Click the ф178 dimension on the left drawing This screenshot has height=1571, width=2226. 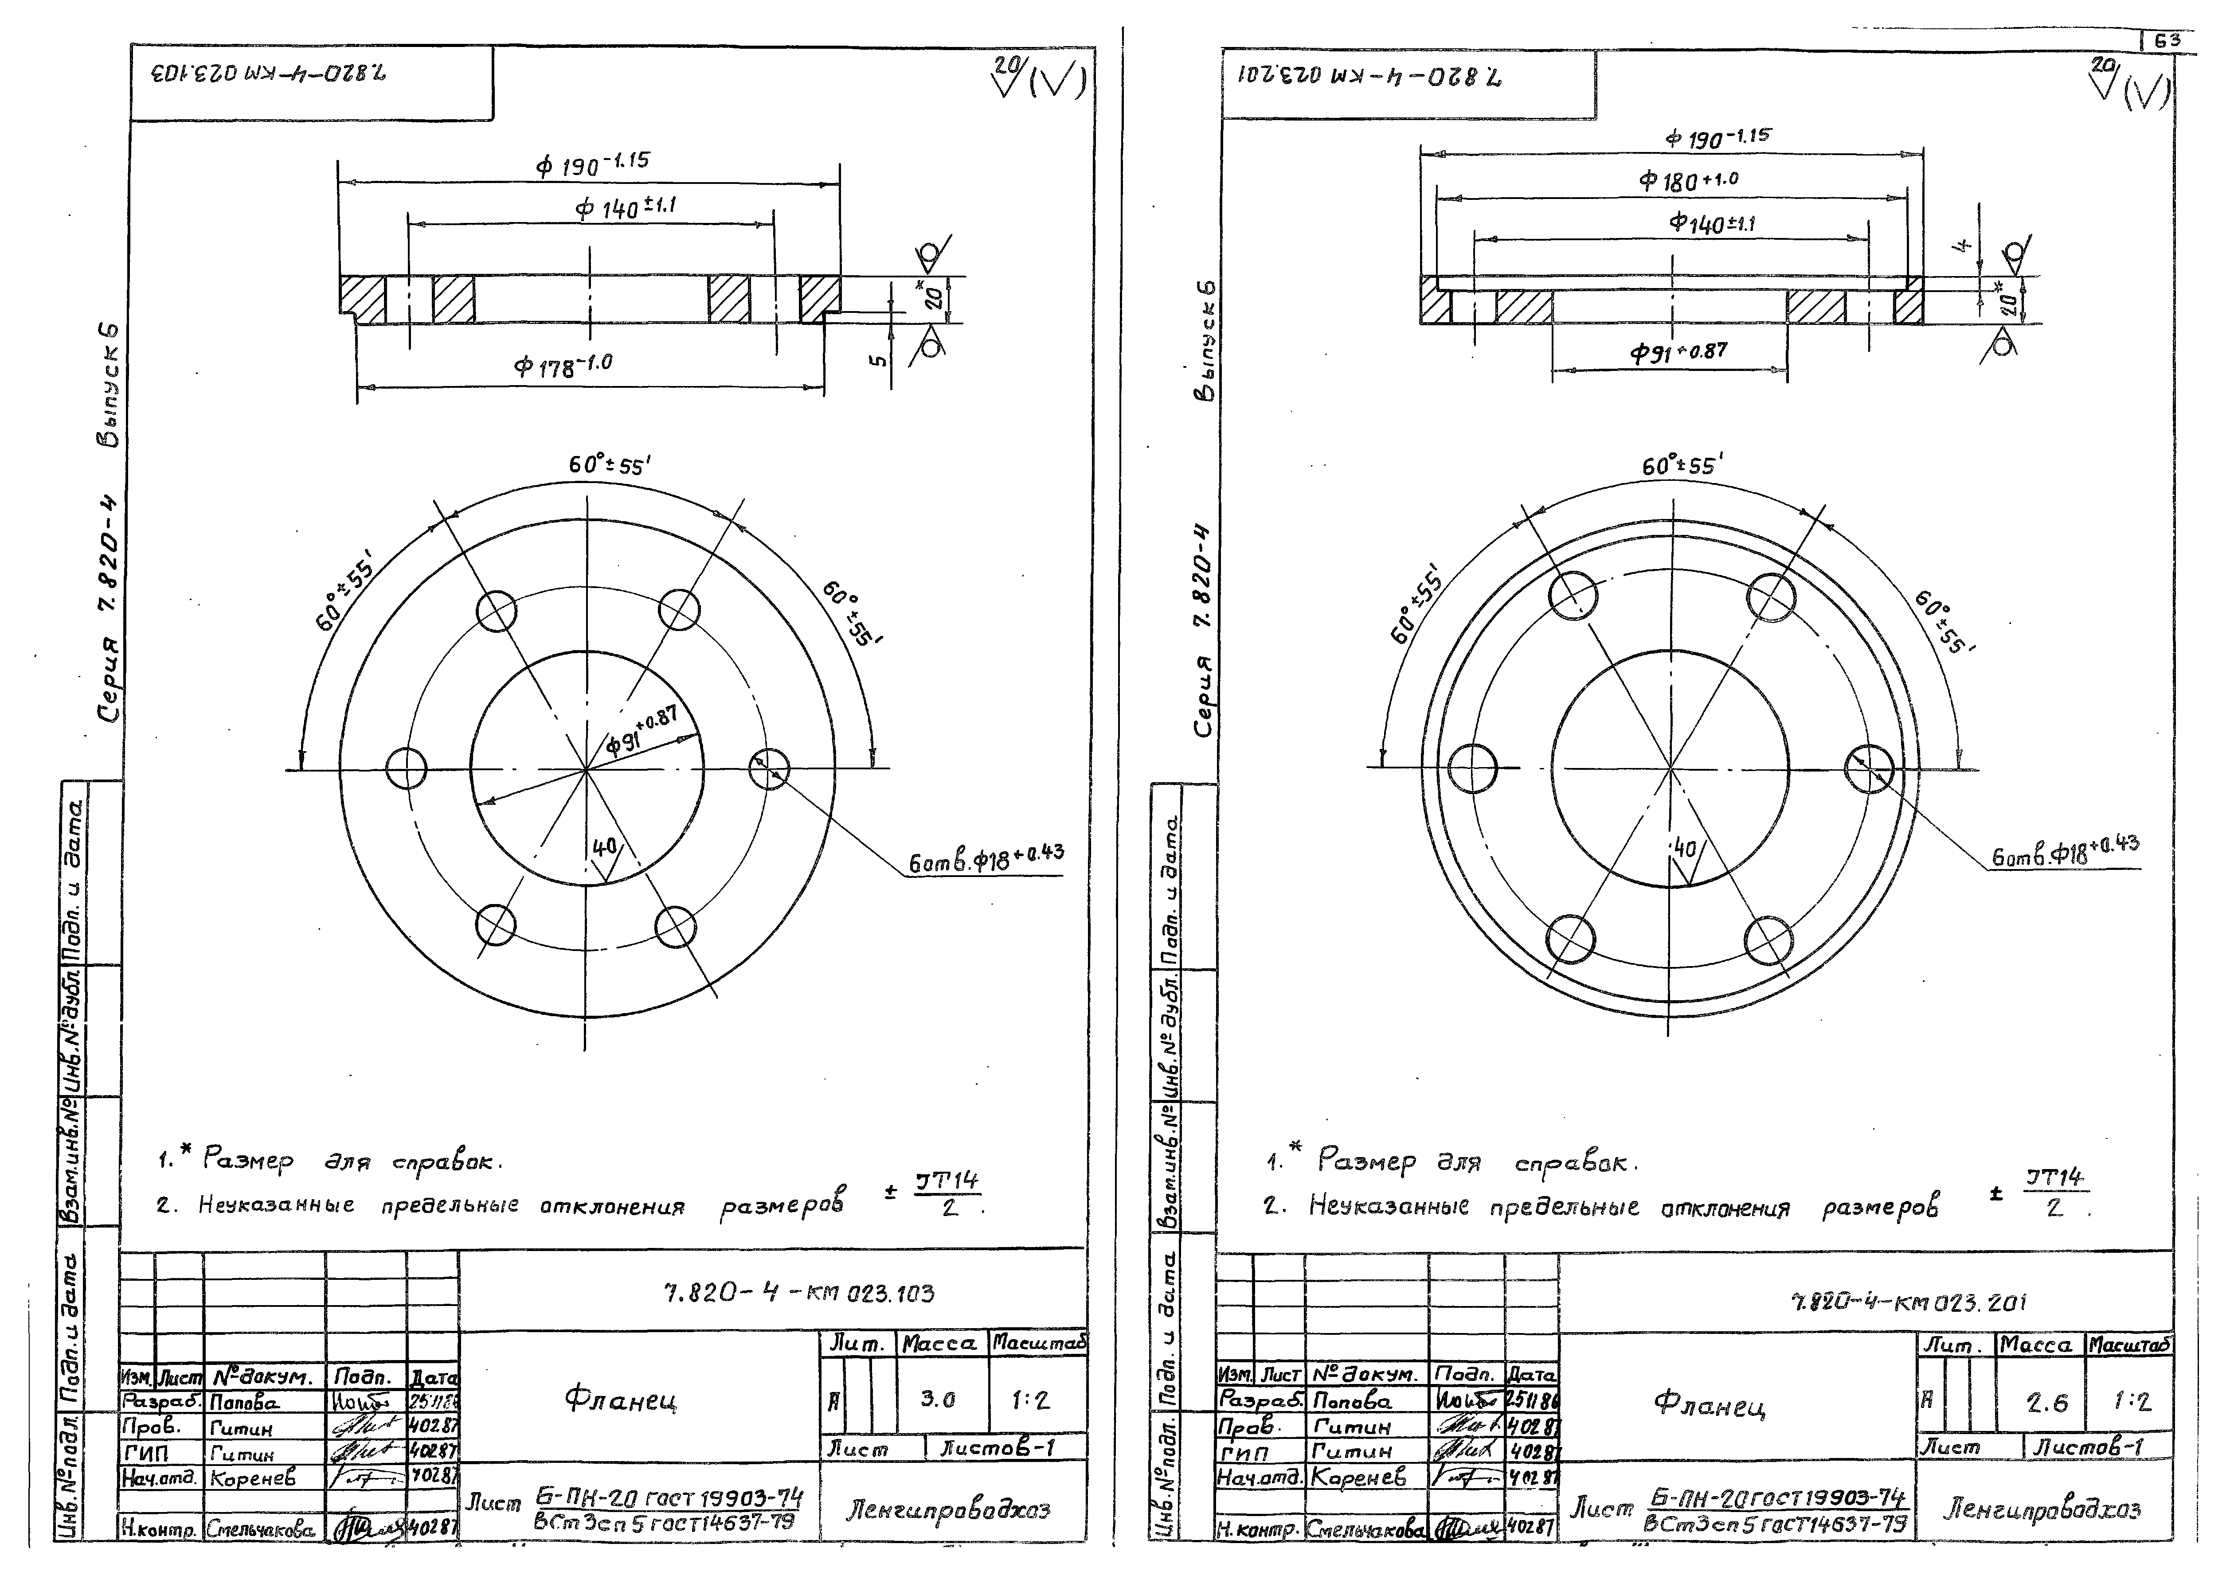pyautogui.click(x=562, y=366)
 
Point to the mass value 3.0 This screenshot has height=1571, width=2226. pyautogui.click(x=938, y=1399)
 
